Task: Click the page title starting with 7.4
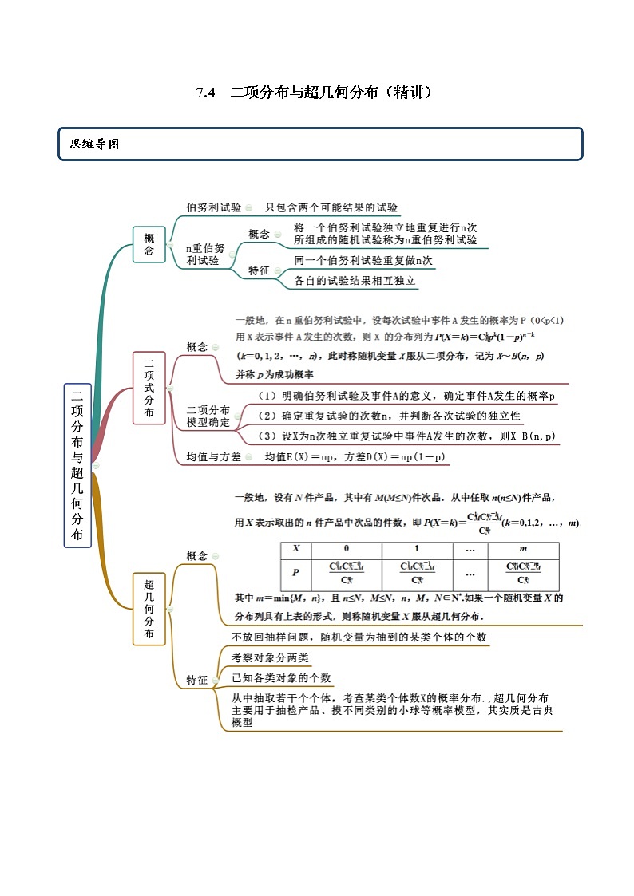point(316,93)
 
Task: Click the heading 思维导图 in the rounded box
point(94,144)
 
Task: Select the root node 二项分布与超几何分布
point(77,465)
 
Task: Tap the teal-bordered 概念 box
point(149,244)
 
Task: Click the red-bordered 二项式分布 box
point(149,389)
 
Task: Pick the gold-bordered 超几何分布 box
point(149,608)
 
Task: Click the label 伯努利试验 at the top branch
point(213,207)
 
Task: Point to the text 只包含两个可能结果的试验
point(331,207)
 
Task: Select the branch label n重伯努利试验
point(205,254)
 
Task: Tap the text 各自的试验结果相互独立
point(355,281)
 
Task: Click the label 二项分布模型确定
point(208,416)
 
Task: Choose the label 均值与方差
point(213,457)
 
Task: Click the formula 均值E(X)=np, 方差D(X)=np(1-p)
point(355,457)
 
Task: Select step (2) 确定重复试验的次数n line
point(389,416)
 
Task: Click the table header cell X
point(296,549)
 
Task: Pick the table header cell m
point(523,549)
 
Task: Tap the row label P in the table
point(296,573)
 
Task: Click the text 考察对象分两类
point(270,657)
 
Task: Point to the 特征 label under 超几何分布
point(196,680)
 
